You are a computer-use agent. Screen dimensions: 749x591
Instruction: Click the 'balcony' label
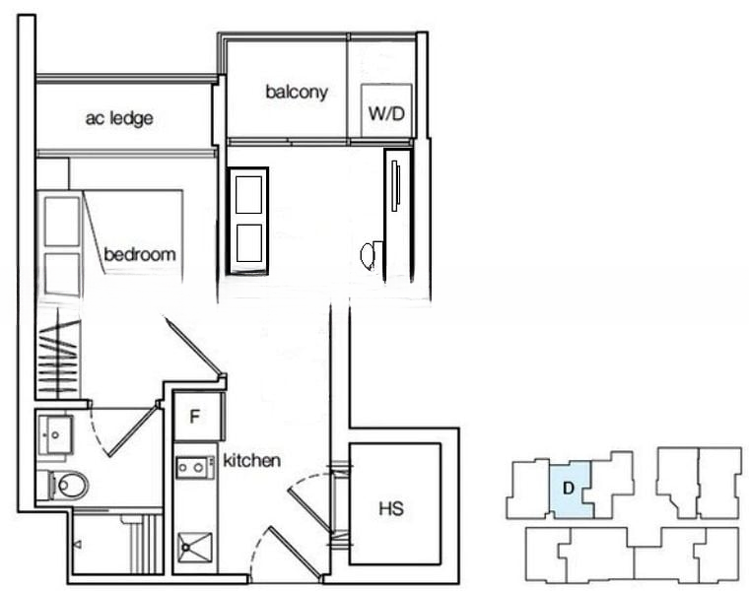click(x=297, y=92)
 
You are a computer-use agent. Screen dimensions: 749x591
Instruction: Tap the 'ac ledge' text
click(x=119, y=118)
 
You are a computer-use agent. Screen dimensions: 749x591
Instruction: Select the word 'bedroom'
click(x=140, y=254)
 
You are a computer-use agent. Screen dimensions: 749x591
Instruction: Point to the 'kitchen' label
click(x=251, y=461)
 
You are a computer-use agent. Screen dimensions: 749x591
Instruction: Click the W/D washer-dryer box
click(x=386, y=110)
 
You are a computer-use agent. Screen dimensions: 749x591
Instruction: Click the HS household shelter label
click(x=391, y=509)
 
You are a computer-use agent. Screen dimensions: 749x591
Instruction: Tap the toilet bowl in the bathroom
click(x=69, y=485)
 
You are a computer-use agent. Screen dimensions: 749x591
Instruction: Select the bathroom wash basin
click(x=55, y=434)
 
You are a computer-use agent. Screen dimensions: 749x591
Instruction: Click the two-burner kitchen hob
click(x=195, y=467)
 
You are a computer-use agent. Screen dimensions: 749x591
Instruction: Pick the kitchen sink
click(x=195, y=548)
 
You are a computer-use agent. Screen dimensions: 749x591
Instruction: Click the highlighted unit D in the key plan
click(x=570, y=490)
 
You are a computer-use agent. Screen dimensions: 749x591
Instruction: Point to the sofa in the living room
click(x=247, y=221)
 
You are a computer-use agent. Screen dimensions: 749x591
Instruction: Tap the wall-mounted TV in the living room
click(x=394, y=186)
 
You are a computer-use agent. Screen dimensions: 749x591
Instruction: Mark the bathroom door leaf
click(x=134, y=429)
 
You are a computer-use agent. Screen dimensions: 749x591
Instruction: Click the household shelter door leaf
click(x=309, y=510)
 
